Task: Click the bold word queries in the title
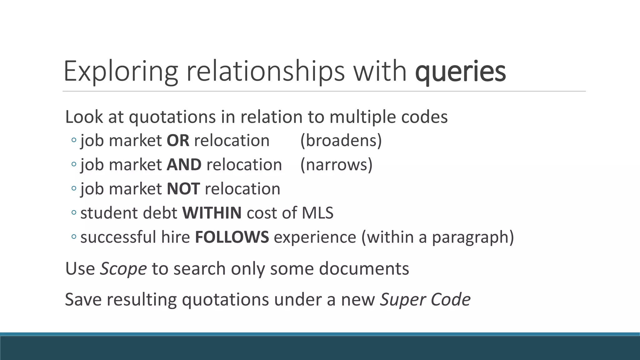(x=460, y=72)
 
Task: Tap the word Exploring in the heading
(x=121, y=72)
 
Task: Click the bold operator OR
(x=178, y=141)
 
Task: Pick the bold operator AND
(x=184, y=165)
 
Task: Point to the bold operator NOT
(x=183, y=189)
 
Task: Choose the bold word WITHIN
(x=212, y=213)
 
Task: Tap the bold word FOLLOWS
(x=232, y=237)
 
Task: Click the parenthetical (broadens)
(x=341, y=141)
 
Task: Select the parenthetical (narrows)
(x=336, y=165)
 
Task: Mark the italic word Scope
(x=123, y=268)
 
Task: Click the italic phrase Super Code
(x=425, y=299)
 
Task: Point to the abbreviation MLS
(x=317, y=213)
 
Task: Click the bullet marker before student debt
(x=74, y=213)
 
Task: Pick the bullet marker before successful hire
(x=74, y=237)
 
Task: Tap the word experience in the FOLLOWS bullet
(x=315, y=237)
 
